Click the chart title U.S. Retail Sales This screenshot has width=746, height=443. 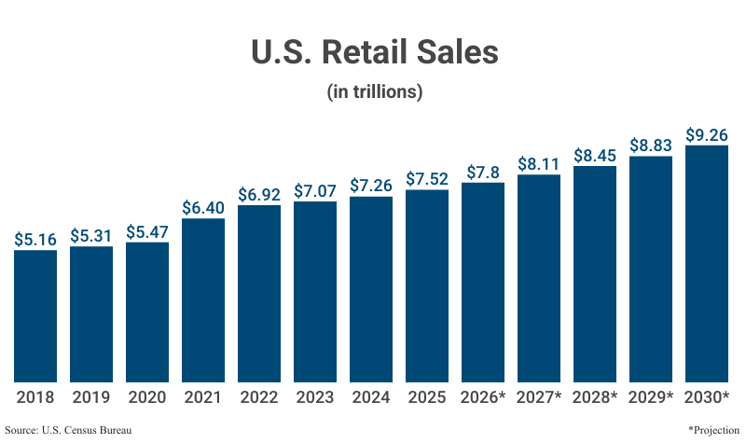point(374,52)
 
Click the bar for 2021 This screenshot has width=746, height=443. point(203,299)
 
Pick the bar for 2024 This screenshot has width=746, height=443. point(371,288)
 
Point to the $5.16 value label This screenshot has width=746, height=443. point(35,240)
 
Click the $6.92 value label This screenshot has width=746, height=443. point(259,195)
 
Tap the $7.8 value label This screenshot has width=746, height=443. point(483,173)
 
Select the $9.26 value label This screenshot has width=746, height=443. point(707,135)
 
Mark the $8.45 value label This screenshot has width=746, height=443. point(595,156)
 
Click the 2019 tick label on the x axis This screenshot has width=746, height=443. point(91,397)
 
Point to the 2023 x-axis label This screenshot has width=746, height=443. point(315,397)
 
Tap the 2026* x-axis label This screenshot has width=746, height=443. point(483,397)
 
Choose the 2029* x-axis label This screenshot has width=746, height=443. point(651,397)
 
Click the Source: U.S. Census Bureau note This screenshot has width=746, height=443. point(67,430)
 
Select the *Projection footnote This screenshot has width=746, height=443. point(713,430)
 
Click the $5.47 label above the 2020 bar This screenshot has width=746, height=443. point(147,232)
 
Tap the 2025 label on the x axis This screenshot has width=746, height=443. point(427,397)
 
